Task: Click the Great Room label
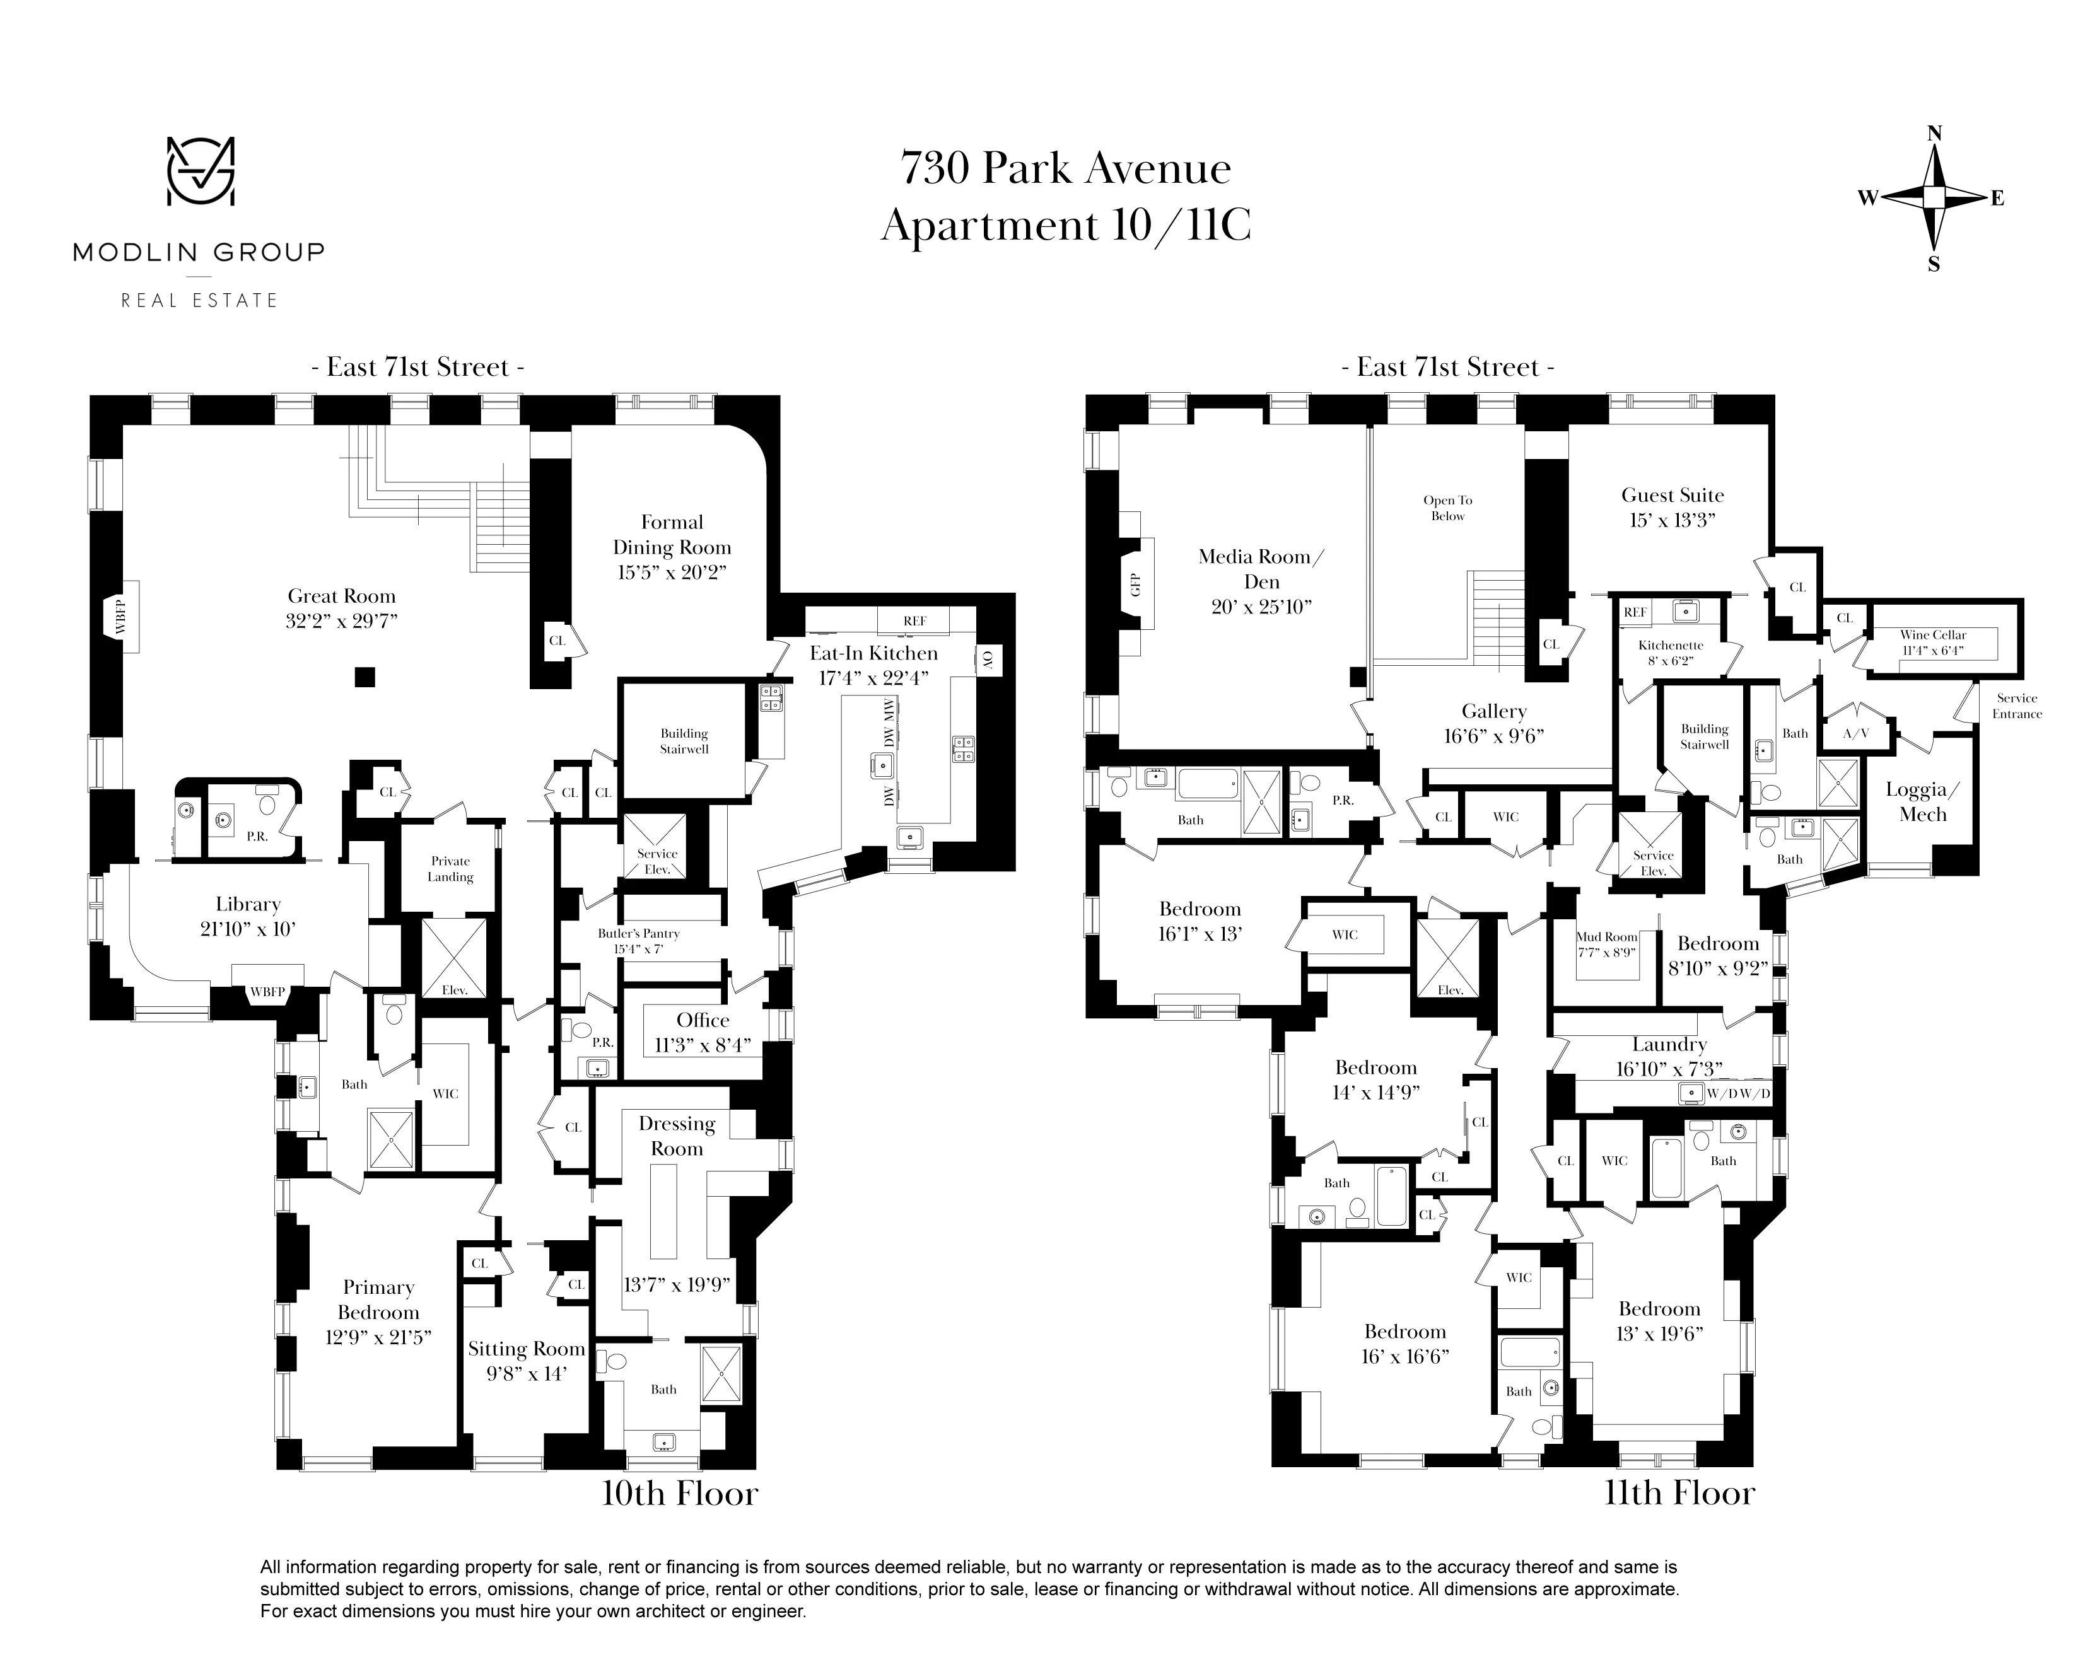point(341,596)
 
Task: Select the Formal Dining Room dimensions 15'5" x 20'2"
point(671,572)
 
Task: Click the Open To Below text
point(1447,508)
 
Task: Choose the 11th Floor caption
point(1679,1494)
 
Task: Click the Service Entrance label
point(2016,706)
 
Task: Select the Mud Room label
point(1606,937)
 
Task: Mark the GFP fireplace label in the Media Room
point(1136,585)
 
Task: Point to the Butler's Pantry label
point(638,933)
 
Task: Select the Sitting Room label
point(527,1349)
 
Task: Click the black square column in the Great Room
point(365,677)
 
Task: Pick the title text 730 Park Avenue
point(1065,168)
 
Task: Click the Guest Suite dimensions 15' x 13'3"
point(1673,520)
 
